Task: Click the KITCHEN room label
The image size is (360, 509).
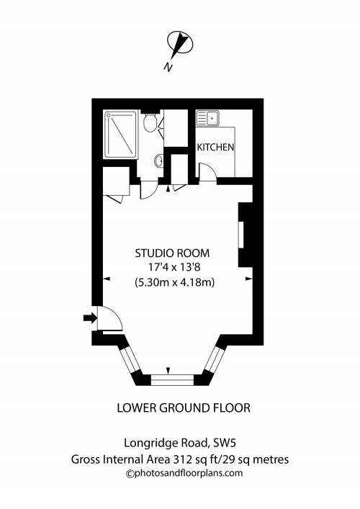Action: point(216,147)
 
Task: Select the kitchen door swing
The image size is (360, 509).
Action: point(205,171)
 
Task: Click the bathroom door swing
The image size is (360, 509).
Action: point(146,189)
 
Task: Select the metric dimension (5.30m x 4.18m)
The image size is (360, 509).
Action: point(173,282)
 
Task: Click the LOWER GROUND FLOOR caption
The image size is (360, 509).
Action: point(184,408)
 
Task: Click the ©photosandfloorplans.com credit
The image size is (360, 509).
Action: point(184,473)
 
